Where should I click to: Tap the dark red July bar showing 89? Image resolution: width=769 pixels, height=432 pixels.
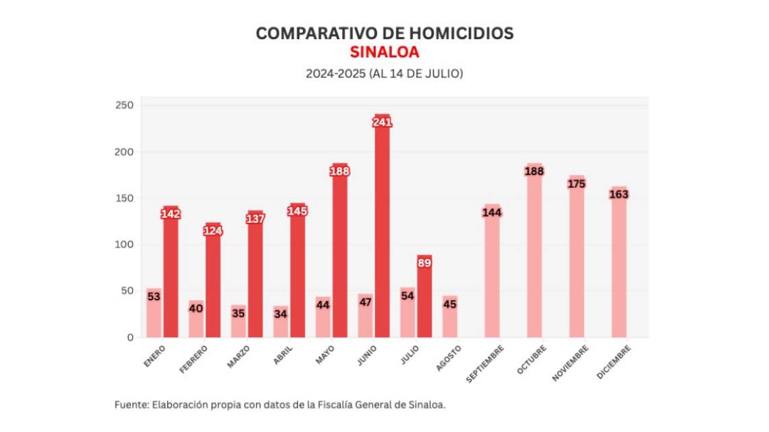(424, 302)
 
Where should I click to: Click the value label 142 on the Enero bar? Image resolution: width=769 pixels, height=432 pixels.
(170, 214)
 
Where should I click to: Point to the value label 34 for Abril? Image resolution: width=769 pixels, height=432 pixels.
(280, 314)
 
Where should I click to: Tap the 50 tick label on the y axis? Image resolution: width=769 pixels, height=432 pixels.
(127, 291)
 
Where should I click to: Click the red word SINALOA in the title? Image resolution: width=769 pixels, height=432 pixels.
(384, 52)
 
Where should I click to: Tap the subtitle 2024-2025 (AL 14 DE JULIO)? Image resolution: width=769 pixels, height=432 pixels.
(384, 73)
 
